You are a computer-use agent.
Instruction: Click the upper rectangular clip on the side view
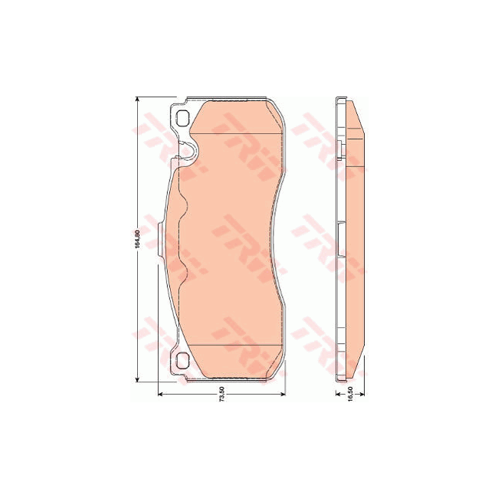tap(340, 146)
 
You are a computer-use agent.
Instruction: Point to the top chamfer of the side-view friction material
tap(353, 115)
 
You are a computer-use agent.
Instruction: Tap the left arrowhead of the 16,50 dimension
tap(337, 393)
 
